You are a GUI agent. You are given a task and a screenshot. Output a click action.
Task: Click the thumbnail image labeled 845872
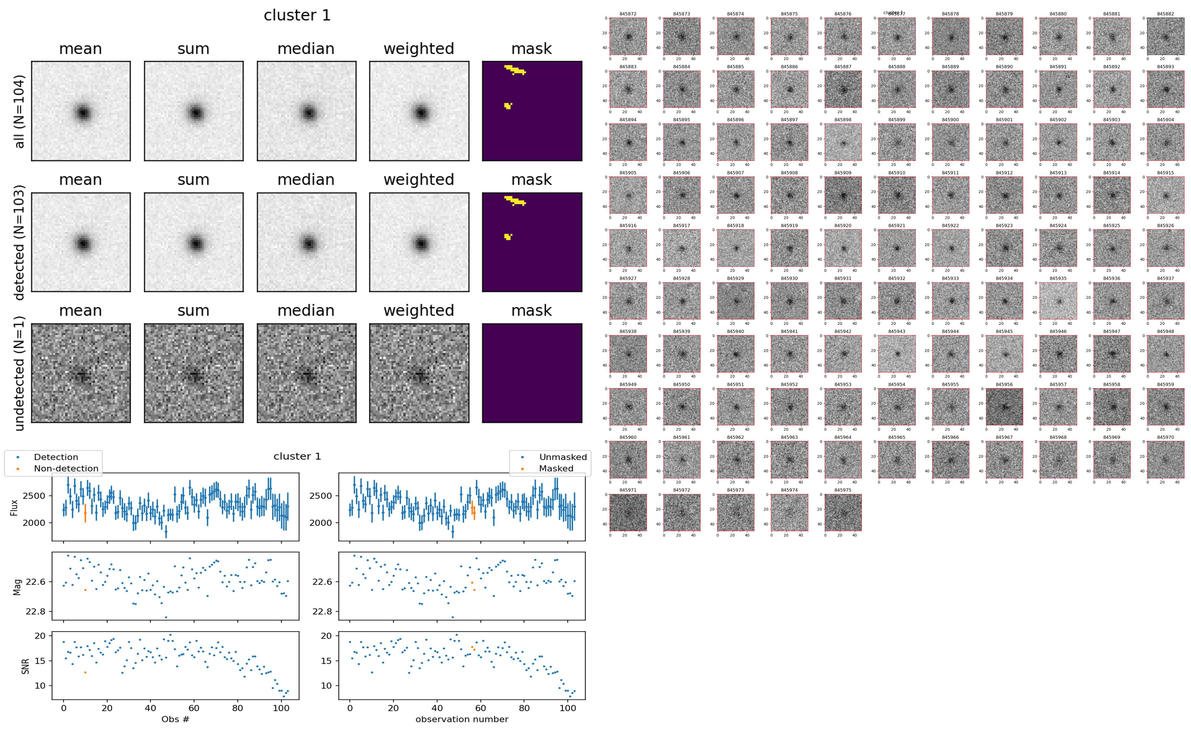click(x=628, y=36)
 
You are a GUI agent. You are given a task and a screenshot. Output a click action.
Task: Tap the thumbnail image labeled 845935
click(x=1058, y=301)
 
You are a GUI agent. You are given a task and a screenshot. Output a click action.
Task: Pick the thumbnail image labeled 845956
click(x=1004, y=407)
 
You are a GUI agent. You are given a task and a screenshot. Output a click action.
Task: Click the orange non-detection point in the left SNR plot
click(x=85, y=672)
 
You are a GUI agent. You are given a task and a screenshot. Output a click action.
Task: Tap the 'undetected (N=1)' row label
click(x=19, y=373)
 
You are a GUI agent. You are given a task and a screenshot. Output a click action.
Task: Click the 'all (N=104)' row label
click(x=19, y=111)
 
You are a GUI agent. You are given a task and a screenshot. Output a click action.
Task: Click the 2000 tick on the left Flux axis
click(x=34, y=523)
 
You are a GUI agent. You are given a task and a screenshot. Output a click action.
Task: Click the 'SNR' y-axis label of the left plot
click(x=25, y=666)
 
